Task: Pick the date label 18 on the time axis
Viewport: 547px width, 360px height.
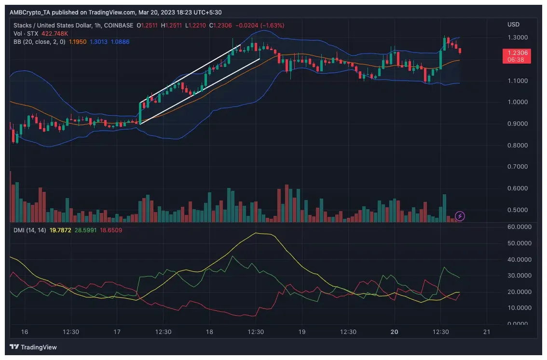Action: coord(209,332)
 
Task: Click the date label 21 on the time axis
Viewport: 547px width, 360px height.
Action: coord(487,332)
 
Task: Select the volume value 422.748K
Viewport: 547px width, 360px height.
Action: coord(55,34)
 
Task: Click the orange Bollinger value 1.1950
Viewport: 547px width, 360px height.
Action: coord(78,42)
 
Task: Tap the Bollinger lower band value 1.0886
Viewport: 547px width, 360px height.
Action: coord(120,42)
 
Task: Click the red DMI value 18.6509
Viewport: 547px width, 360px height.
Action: coord(111,230)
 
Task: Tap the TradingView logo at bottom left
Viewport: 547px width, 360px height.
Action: coord(33,347)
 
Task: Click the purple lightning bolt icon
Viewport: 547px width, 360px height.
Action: coord(460,216)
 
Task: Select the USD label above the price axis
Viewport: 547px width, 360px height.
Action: coord(513,25)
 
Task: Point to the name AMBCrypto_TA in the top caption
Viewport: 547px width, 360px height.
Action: coord(29,12)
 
